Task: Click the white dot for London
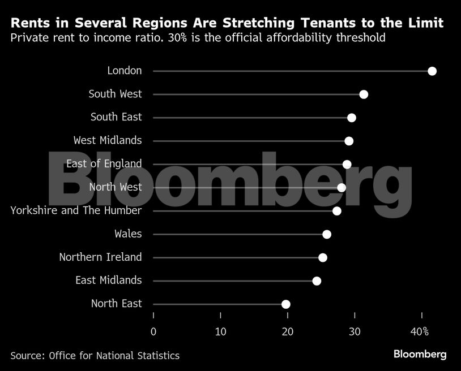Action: click(x=432, y=71)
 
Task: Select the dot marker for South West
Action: click(x=364, y=94)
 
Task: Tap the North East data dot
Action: click(x=286, y=304)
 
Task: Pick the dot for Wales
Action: click(x=327, y=235)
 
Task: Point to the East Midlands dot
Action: click(x=317, y=281)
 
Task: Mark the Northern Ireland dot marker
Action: click(x=323, y=258)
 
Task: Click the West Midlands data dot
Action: click(x=349, y=141)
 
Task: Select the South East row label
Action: click(x=116, y=117)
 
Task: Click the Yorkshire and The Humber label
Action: click(x=76, y=210)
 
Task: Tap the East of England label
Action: click(x=104, y=163)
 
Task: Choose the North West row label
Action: click(x=116, y=187)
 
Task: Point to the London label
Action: click(x=124, y=71)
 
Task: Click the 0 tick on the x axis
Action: click(x=153, y=331)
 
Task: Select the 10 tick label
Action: click(x=220, y=331)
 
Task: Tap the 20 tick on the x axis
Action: click(x=288, y=331)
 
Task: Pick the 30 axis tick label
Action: click(x=355, y=331)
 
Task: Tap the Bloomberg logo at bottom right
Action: click(x=420, y=355)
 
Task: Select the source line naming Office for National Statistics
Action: click(x=95, y=356)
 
